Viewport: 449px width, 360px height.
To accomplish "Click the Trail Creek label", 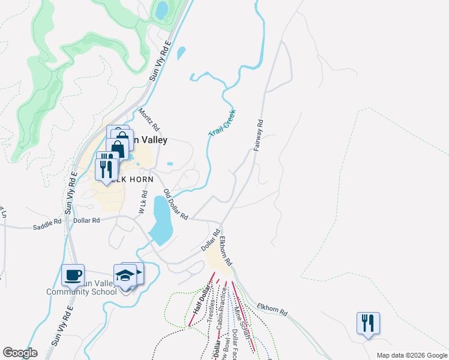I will click(222, 123).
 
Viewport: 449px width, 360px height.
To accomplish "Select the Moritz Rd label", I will click(149, 119).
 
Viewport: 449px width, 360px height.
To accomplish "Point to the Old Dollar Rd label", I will click(176, 204).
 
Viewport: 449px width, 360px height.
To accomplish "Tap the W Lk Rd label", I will click(142, 202).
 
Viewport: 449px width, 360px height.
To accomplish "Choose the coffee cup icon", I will click(73, 275).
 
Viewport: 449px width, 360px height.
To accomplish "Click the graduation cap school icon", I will click(125, 275).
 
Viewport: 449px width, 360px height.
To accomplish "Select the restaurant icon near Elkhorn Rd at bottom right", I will click(367, 323).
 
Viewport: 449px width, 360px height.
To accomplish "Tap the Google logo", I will click(20, 352).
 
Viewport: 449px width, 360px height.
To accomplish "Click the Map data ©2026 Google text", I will click(411, 355).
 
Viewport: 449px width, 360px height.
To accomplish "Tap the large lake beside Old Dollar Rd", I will click(161, 218).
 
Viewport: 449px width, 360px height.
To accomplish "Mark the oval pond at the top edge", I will click(161, 10).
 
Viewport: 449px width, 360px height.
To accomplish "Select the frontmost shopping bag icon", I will click(118, 148).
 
